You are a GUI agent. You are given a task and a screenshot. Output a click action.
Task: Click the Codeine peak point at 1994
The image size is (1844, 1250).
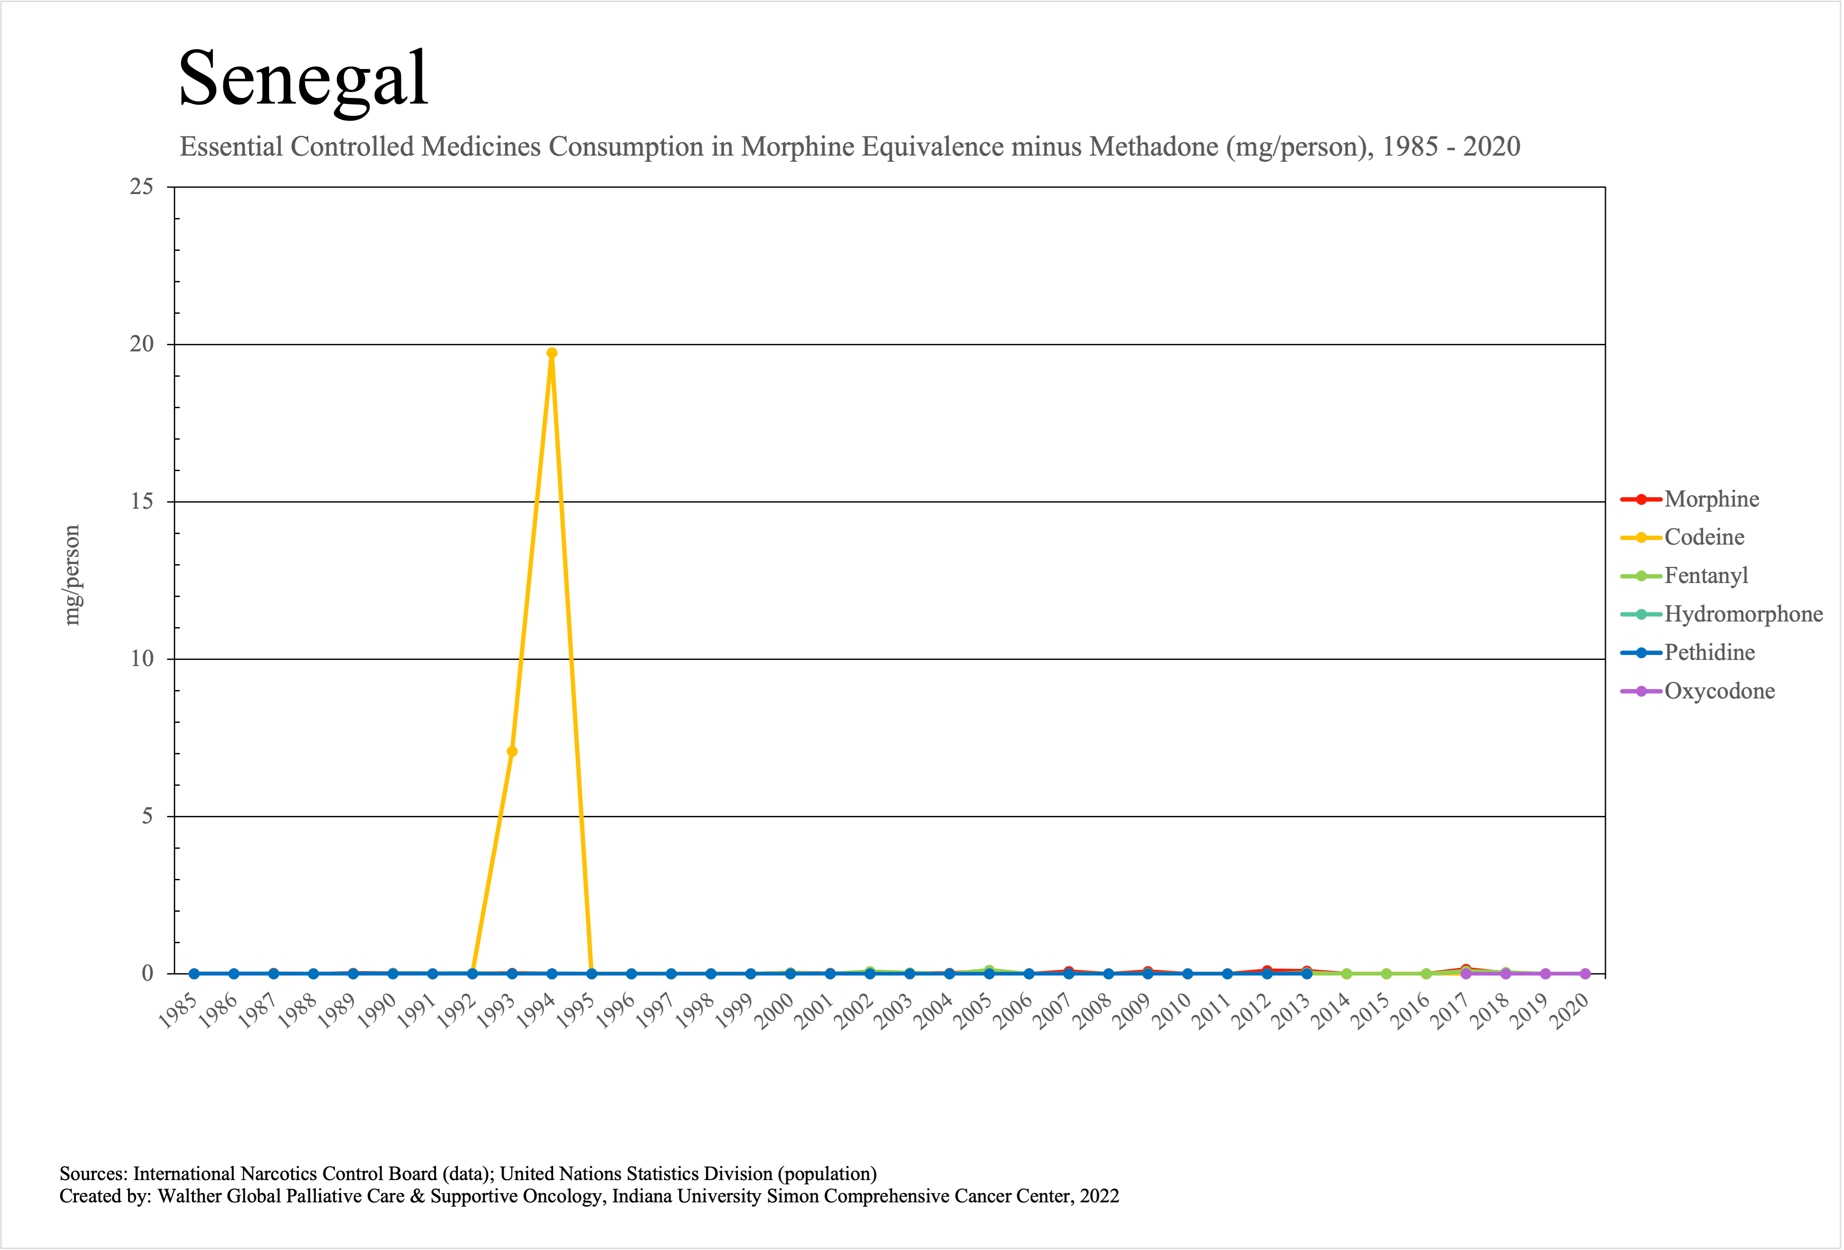coord(551,353)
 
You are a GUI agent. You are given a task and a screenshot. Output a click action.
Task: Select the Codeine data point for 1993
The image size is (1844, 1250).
coord(512,752)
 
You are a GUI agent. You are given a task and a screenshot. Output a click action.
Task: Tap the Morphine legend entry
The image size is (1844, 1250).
coord(1712,499)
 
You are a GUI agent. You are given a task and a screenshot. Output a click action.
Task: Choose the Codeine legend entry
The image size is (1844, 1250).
coord(1704,537)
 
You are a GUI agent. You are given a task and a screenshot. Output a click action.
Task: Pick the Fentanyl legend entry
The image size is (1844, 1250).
coord(1706,576)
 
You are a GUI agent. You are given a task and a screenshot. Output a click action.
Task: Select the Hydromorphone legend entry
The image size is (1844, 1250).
coord(1743,614)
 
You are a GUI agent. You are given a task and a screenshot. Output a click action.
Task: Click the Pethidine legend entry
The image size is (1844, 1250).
coord(1709,653)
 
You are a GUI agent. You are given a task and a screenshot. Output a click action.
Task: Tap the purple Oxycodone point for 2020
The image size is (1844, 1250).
coord(1585,974)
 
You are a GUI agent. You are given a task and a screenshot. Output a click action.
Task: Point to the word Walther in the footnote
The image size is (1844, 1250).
coord(188,1196)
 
